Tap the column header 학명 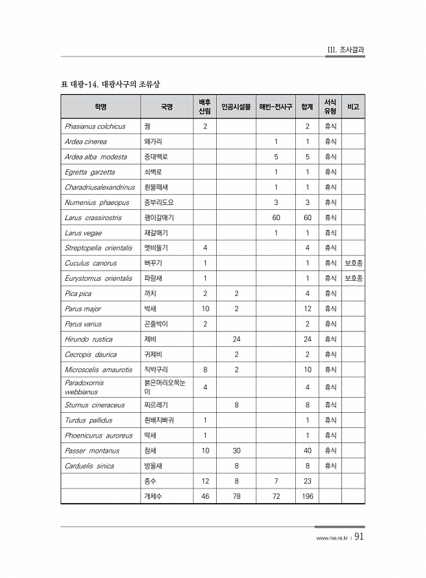coord(100,107)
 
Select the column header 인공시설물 coord(236,107)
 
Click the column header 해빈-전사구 coord(275,107)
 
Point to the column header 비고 coord(354,107)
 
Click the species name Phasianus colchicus coord(95,127)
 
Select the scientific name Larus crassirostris coord(93,217)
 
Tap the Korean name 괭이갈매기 coord(159,217)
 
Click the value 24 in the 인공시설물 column coord(236,339)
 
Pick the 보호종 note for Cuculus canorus coord(354,263)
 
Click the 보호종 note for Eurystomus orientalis coord(354,278)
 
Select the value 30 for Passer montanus coord(236,451)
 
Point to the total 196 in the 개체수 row coord(308,496)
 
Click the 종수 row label coord(149,481)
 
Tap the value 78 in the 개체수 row coord(236,496)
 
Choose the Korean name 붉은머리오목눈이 coord(164,386)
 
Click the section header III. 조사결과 coord(345,50)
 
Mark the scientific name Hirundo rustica coord(89,339)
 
